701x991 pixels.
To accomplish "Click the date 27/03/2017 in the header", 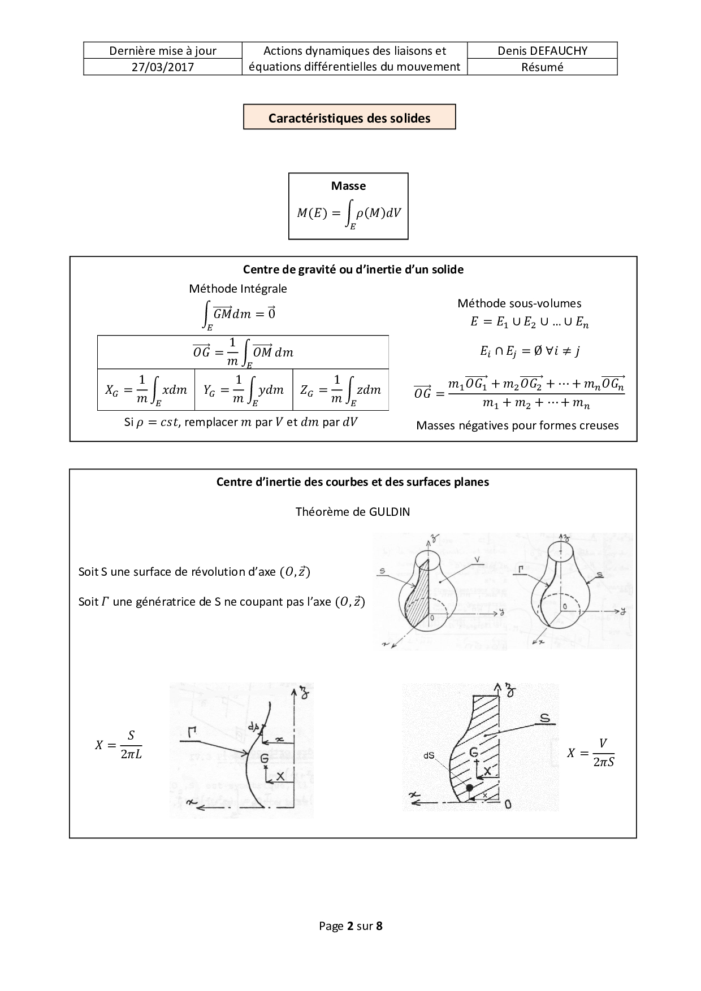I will (x=163, y=67).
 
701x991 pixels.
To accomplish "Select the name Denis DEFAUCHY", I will (x=542, y=51).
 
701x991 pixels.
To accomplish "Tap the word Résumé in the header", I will (x=542, y=67).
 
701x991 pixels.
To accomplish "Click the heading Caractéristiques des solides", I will (x=349, y=118).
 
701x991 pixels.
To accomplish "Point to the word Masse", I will (x=348, y=186).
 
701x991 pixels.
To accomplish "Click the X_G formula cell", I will (x=146, y=390).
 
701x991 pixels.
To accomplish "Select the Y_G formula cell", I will (x=244, y=390).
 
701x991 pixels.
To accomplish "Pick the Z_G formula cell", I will (x=341, y=390).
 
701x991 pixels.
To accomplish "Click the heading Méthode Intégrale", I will (x=238, y=289).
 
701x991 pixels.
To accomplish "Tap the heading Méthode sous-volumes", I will (x=519, y=303).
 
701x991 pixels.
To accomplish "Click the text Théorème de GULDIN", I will (x=352, y=512).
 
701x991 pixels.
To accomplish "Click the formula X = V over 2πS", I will (x=591, y=753).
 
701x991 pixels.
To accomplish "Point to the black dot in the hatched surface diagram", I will (x=469, y=788).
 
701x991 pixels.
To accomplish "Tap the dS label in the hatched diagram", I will (x=429, y=755).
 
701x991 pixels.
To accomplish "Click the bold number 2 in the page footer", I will (x=350, y=925).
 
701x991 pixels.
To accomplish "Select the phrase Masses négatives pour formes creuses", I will (x=517, y=425).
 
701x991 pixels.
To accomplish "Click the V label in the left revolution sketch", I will (x=478, y=559).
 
